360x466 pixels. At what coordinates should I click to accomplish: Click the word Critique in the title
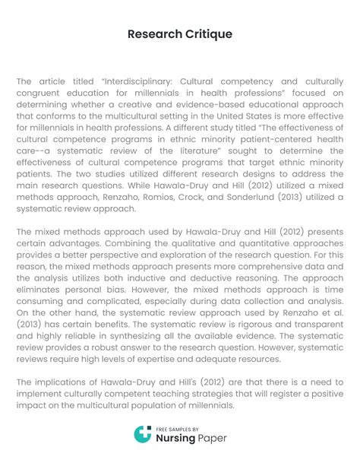coord(207,34)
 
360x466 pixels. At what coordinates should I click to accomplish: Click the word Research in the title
coord(153,34)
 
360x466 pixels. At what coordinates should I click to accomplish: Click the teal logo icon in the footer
coord(141,435)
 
